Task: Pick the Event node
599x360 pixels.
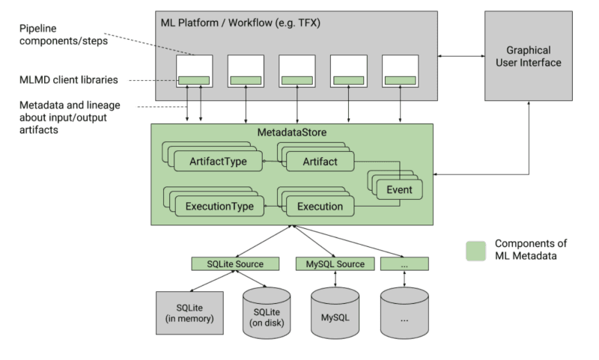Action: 399,190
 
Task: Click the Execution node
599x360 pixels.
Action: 320,207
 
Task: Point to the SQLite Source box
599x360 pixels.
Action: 234,264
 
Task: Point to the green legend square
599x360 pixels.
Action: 475,250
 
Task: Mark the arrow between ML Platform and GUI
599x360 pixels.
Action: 461,57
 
